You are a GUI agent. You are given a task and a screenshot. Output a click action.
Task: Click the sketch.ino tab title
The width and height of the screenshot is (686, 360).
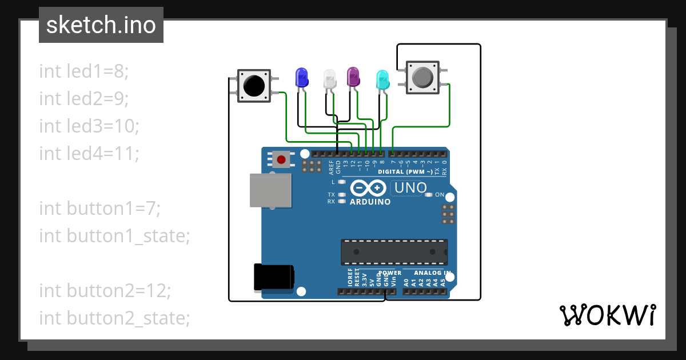point(101,25)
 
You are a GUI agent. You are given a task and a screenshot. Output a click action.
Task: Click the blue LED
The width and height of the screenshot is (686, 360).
point(301,77)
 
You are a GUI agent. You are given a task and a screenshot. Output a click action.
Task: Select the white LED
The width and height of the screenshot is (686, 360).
point(330,78)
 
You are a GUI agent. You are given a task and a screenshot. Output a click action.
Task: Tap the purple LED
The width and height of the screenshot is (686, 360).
point(353,76)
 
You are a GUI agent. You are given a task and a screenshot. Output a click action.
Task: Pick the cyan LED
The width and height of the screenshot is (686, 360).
point(382,79)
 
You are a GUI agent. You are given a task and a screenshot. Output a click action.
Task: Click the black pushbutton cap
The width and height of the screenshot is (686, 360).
point(254,86)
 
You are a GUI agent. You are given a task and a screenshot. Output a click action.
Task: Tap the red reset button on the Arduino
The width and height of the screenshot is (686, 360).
point(281,159)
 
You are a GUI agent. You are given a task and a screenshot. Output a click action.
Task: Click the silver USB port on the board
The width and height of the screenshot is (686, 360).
point(270,190)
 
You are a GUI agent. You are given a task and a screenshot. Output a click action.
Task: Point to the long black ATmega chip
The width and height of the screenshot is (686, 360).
point(394,251)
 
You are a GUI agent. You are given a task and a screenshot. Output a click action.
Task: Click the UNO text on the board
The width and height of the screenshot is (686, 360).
point(410,188)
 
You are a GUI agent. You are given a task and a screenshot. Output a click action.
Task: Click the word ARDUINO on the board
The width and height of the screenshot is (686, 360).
point(370,202)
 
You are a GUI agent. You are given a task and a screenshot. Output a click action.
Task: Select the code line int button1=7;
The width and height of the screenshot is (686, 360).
point(100,208)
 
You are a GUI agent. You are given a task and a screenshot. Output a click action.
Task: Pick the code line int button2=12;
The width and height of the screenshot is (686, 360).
point(105,290)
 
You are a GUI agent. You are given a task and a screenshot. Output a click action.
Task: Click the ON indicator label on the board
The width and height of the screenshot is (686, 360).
point(439,195)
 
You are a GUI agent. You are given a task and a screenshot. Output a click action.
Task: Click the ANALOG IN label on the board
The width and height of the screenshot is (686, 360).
point(432,273)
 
